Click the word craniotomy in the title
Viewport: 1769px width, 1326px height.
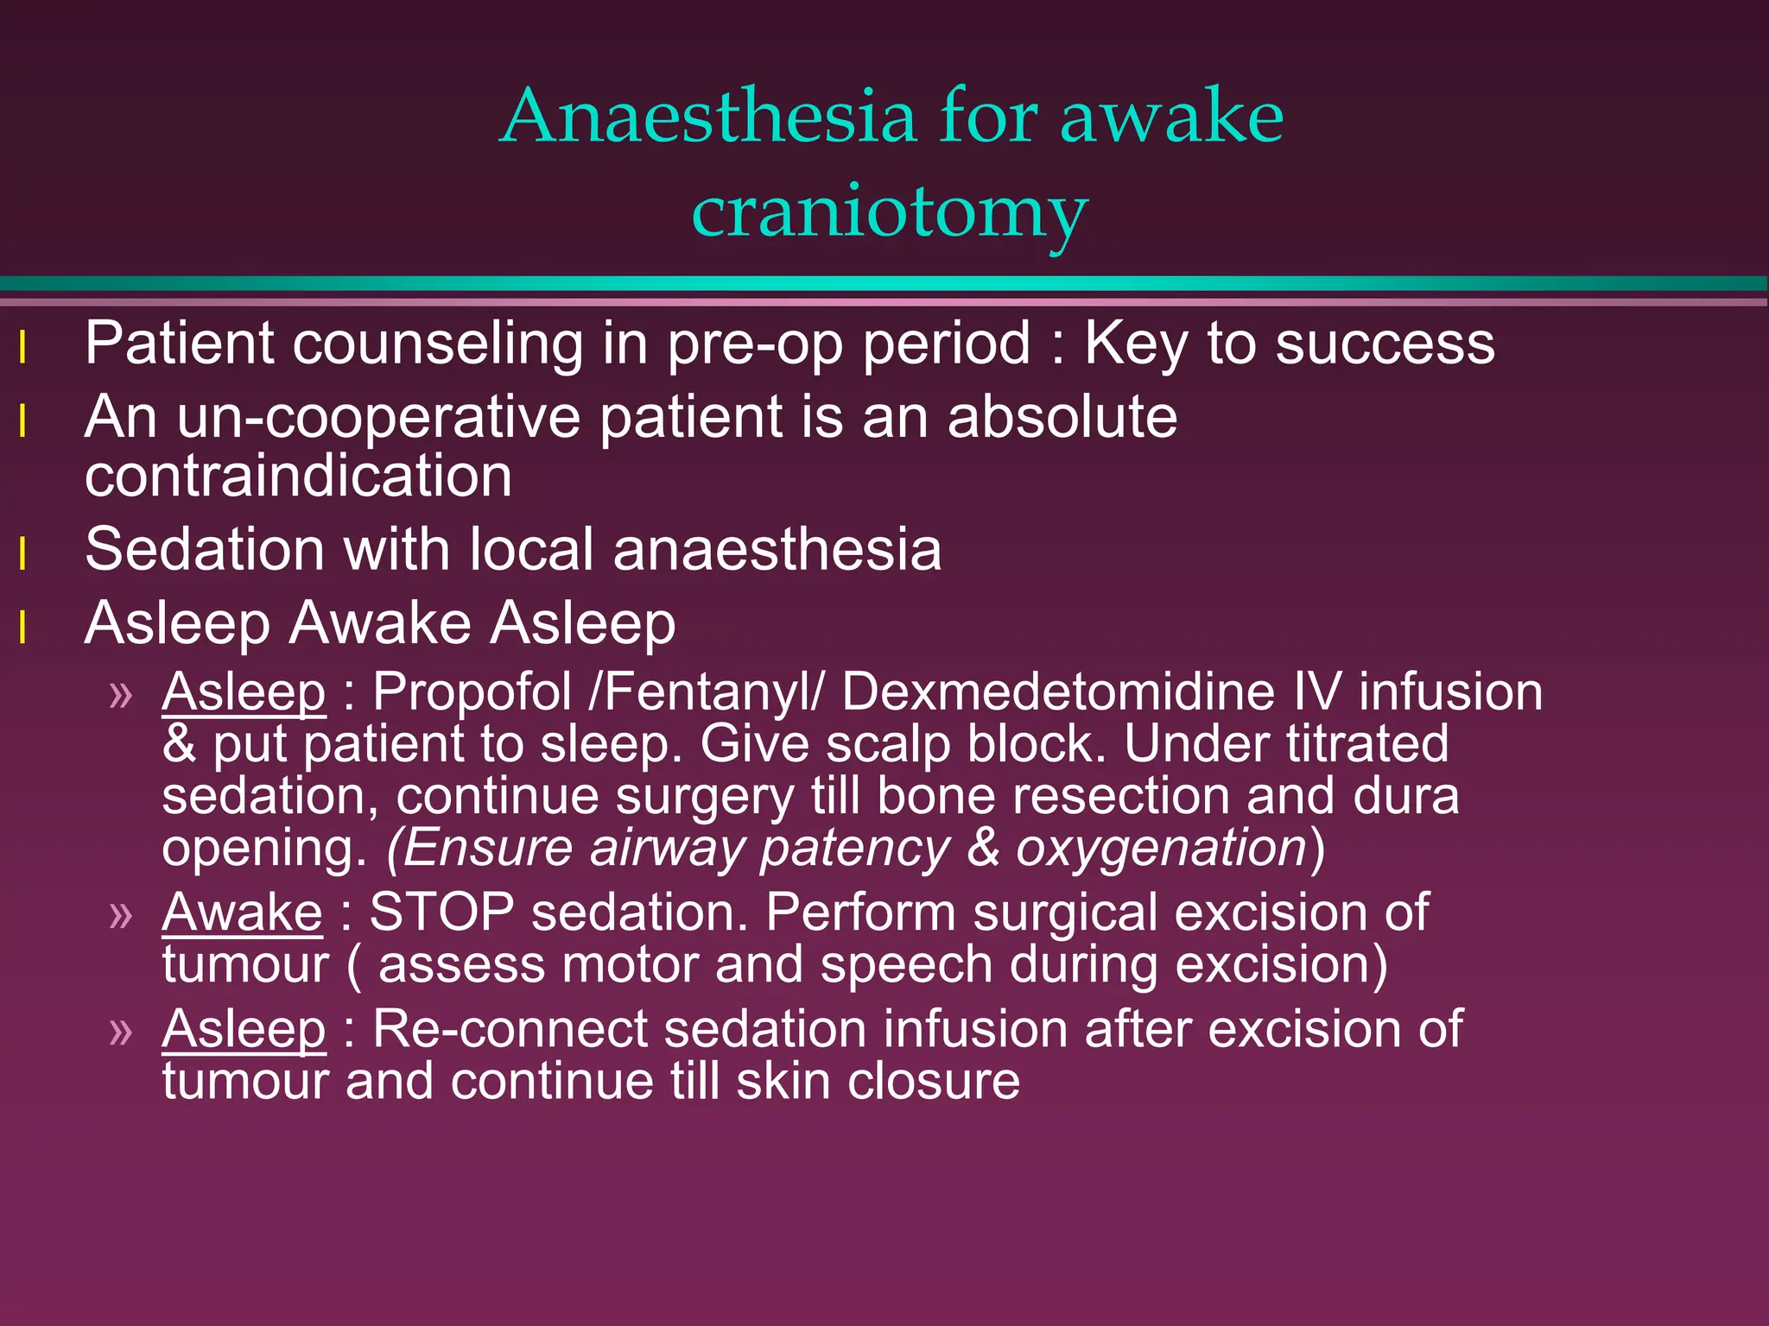point(890,212)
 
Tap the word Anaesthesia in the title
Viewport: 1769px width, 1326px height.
point(708,116)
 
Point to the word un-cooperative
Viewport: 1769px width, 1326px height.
point(379,418)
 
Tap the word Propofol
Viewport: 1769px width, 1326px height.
point(472,691)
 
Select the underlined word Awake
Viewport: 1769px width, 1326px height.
point(242,912)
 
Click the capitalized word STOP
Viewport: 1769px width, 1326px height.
point(441,912)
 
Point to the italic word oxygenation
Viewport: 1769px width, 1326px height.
point(1161,848)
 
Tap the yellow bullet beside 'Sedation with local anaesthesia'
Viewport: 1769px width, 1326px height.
point(23,554)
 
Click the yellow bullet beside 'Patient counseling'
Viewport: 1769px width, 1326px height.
point(23,349)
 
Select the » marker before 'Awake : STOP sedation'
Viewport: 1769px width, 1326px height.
point(122,915)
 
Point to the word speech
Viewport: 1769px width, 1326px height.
point(906,964)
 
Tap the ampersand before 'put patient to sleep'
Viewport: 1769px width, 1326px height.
point(179,744)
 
